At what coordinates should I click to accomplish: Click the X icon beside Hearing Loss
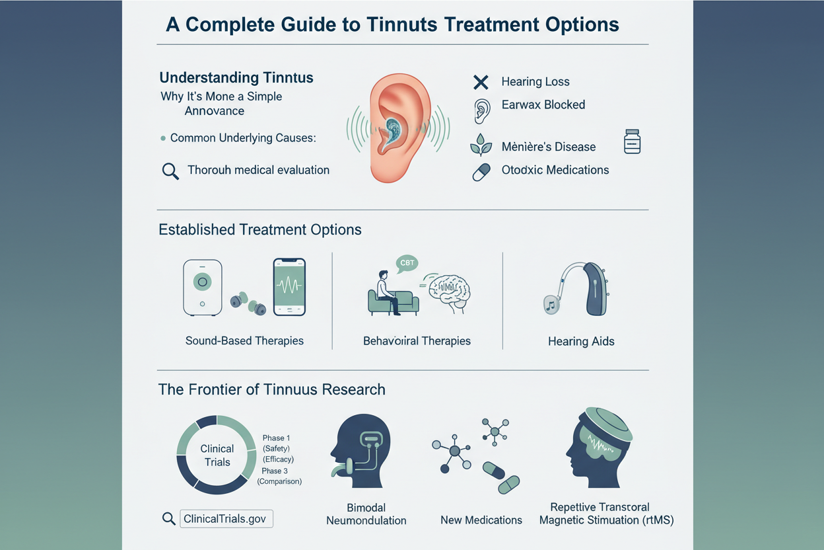[481, 82]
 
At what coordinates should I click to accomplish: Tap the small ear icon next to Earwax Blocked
[482, 111]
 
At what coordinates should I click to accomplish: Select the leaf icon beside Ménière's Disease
[481, 145]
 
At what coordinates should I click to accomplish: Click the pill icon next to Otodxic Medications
[481, 172]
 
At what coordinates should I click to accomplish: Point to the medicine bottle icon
[633, 141]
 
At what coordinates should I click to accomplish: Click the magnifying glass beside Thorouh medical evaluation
[170, 171]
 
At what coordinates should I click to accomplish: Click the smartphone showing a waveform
[289, 287]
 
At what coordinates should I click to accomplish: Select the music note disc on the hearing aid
[551, 305]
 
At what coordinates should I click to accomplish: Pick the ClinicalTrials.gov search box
[226, 519]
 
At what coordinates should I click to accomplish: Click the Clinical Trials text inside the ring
[217, 455]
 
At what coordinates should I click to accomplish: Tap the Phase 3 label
[275, 471]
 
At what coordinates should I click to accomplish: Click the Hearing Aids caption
[581, 342]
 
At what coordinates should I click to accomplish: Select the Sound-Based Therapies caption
[244, 340]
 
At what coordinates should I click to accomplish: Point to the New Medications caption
[481, 520]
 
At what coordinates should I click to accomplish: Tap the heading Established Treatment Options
[260, 229]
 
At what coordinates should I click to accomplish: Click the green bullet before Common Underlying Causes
[163, 139]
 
